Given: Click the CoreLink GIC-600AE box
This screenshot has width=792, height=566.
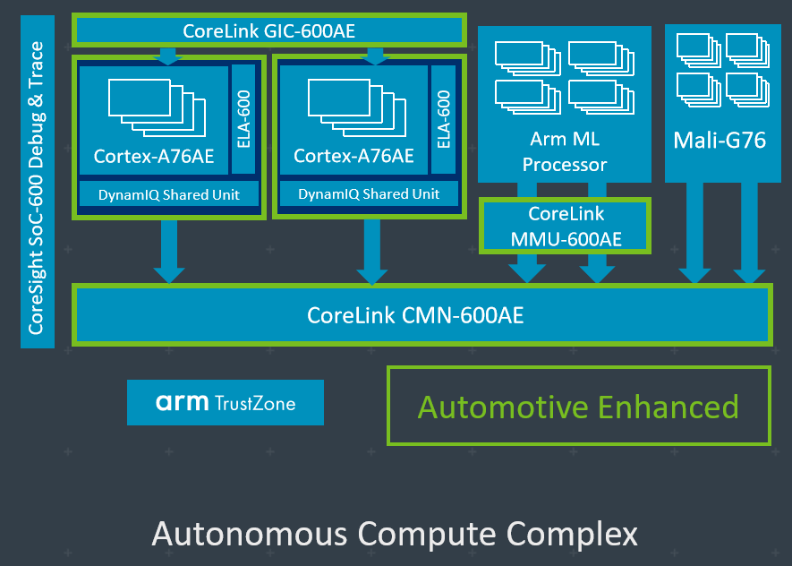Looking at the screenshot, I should [268, 30].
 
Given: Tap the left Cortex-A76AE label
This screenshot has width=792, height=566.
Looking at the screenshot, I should [154, 156].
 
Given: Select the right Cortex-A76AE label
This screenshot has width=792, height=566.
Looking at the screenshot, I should [353, 156].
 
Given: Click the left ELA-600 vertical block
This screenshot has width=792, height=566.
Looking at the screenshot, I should [244, 118].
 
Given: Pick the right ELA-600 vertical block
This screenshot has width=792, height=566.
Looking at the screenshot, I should [444, 118].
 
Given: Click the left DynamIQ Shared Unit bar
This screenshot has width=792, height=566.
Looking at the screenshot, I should [168, 194].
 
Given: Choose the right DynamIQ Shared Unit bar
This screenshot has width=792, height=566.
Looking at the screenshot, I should [369, 194].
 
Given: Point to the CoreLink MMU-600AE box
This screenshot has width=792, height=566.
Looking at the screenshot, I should [566, 226].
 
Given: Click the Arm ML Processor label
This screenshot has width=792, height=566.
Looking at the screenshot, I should [565, 151].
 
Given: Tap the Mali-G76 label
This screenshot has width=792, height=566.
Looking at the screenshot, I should [720, 141].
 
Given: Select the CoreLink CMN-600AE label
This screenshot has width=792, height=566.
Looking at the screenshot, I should [415, 315].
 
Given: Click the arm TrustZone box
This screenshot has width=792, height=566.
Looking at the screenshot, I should [226, 403].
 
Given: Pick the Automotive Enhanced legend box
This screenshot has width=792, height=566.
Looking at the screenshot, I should [578, 407].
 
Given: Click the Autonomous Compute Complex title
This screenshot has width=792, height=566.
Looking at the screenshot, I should [395, 534].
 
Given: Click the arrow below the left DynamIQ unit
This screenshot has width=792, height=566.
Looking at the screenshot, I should [168, 252].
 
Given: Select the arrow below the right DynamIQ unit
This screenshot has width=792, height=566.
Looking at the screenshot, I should [369, 252].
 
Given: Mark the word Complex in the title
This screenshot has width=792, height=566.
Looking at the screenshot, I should [573, 535].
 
